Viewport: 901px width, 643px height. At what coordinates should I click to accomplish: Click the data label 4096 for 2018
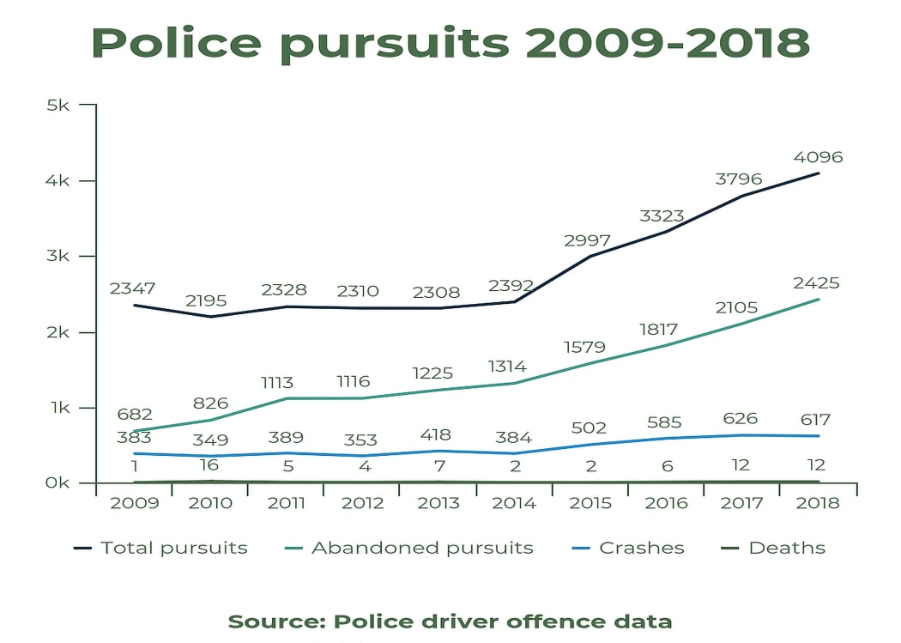pyautogui.click(x=818, y=157)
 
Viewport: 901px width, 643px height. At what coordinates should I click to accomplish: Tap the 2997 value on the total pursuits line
pyautogui.click(x=587, y=240)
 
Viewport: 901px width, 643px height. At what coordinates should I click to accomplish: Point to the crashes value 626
pyautogui.click(x=741, y=419)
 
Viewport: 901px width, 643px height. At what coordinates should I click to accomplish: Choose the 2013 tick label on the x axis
pyautogui.click(x=438, y=503)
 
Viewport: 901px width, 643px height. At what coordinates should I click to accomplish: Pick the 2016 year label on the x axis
pyautogui.click(x=665, y=503)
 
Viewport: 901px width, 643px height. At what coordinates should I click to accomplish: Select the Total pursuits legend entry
pyautogui.click(x=160, y=548)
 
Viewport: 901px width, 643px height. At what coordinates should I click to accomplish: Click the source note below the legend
pyautogui.click(x=450, y=621)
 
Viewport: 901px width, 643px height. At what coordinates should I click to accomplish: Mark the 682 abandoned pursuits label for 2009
pyautogui.click(x=135, y=416)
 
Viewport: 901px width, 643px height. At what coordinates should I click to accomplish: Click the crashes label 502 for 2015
pyautogui.click(x=588, y=428)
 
